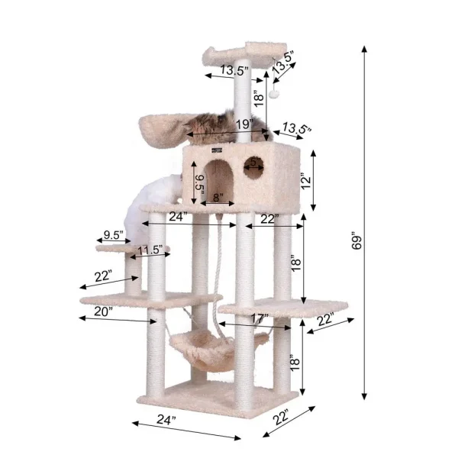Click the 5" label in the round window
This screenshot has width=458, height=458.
pyautogui.click(x=253, y=162)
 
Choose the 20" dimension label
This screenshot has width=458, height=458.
pyautogui.click(x=104, y=311)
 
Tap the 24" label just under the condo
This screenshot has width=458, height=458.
pyautogui.click(x=178, y=216)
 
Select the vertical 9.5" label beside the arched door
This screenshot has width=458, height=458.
pyautogui.click(x=199, y=184)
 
